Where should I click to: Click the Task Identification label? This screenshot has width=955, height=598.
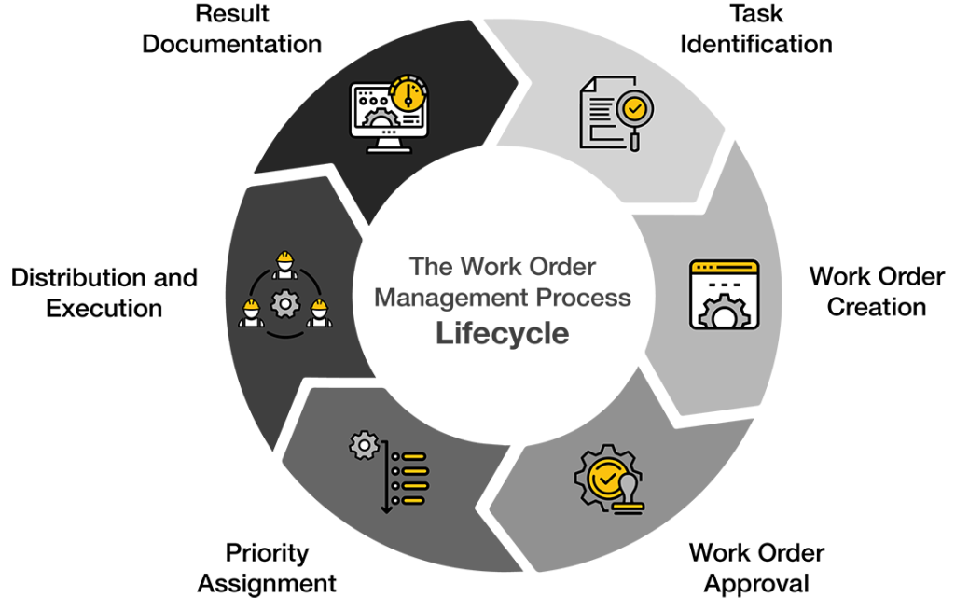coord(755,29)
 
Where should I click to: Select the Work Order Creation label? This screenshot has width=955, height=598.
coord(877,292)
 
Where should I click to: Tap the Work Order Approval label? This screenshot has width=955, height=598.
coord(756,568)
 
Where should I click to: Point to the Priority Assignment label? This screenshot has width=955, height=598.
coord(267,568)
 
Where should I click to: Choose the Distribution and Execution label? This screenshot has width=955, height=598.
coord(104,293)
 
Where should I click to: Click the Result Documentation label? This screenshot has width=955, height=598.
coord(231,29)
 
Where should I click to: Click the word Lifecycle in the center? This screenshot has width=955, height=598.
coord(503,333)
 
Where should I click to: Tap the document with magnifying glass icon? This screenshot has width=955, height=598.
coord(616,113)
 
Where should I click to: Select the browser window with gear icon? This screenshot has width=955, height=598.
coord(724,295)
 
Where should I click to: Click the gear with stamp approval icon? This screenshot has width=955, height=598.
coord(609,479)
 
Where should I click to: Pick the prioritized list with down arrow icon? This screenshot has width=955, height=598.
coord(389,472)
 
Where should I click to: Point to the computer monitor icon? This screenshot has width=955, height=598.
coord(389,114)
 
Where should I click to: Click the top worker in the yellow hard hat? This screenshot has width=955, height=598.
coord(284,265)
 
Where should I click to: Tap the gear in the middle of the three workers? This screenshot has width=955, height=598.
coord(285,303)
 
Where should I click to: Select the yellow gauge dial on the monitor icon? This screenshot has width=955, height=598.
coord(408,94)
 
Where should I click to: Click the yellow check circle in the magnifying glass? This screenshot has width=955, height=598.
coord(634,109)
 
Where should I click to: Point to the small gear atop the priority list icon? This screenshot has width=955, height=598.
coord(365,445)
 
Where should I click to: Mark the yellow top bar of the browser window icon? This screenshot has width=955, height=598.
coord(724,267)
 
